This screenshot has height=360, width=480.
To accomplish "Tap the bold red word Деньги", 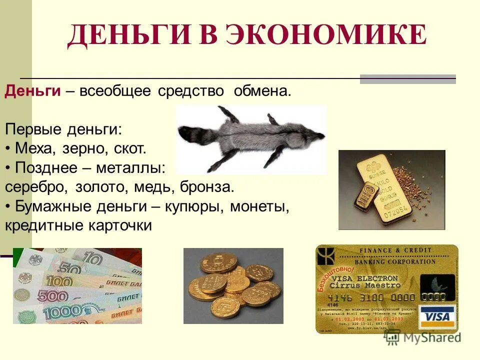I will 33,91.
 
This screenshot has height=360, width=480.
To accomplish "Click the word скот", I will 129,149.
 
